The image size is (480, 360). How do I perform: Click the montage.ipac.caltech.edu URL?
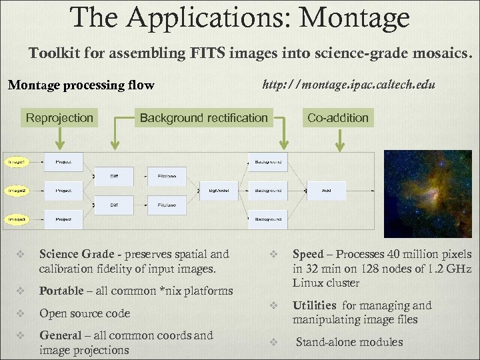349,85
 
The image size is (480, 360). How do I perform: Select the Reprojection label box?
59,118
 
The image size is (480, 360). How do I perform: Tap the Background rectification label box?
203,118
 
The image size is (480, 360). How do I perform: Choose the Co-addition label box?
337,118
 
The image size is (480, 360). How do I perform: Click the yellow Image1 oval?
17,162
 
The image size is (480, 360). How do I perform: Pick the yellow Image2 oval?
17,191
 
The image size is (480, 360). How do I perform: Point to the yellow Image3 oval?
17,219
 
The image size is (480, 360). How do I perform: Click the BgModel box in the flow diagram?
219,191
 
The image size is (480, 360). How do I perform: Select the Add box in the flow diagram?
326,191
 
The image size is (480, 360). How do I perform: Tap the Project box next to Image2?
63,191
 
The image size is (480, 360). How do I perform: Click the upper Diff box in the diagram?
115,177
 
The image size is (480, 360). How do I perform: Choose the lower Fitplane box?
167,205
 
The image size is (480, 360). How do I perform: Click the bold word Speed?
308,254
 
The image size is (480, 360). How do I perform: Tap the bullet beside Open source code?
20,313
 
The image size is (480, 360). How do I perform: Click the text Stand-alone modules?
349,342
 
